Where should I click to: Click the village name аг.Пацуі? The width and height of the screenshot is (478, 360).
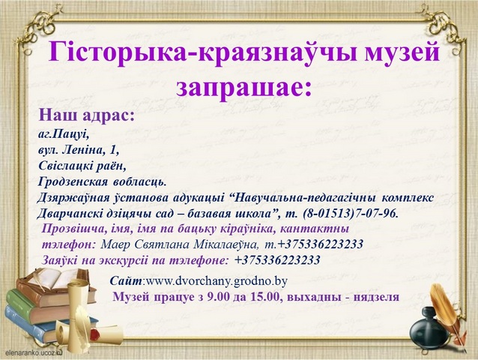tap(64, 134)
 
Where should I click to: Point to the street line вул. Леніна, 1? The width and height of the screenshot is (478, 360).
tap(79, 150)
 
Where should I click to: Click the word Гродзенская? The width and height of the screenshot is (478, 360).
tap(73, 182)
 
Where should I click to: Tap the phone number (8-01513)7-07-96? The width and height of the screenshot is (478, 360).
tap(351, 214)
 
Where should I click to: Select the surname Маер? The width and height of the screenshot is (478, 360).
tap(115, 244)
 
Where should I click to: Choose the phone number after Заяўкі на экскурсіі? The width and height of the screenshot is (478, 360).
tap(277, 260)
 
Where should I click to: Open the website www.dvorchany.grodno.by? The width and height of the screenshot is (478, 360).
tap(217, 281)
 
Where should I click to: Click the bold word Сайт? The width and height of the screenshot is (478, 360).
tap(126, 281)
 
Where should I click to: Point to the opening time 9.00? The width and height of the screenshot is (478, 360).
tap(217, 297)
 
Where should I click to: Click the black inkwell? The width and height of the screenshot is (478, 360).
tap(430, 329)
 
